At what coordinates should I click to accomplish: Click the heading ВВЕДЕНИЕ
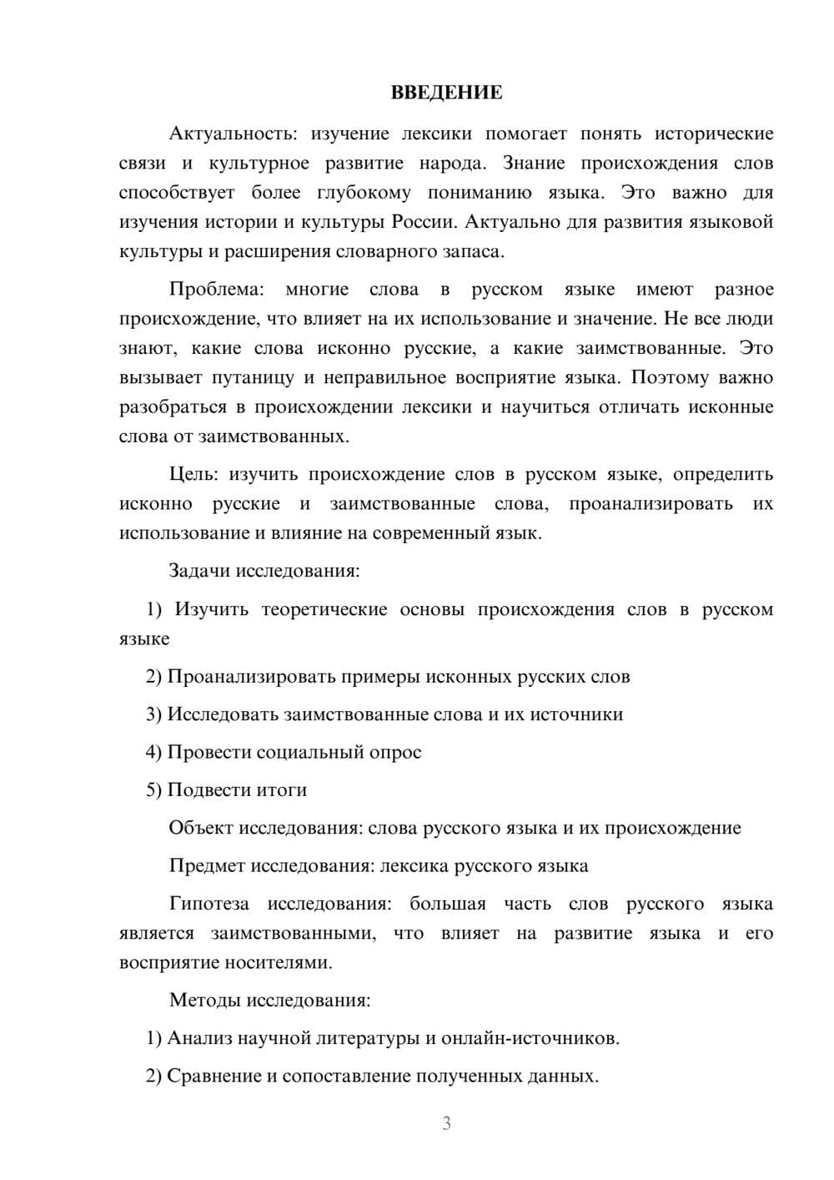pyautogui.click(x=446, y=93)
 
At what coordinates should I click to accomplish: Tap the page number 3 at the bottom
pyautogui.click(x=446, y=1123)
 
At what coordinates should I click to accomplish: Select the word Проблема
pyautogui.click(x=216, y=290)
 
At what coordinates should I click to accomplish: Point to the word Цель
pyautogui.click(x=193, y=474)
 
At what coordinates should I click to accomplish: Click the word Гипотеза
pyautogui.click(x=208, y=904)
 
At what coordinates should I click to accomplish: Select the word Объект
pyautogui.click(x=201, y=828)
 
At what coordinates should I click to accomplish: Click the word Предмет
pyautogui.click(x=207, y=865)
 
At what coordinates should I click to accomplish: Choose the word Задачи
pyautogui.click(x=199, y=572)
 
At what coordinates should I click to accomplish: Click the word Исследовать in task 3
pyautogui.click(x=223, y=714)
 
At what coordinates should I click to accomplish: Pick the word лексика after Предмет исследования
pyautogui.click(x=414, y=865)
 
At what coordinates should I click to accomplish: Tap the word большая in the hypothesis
pyautogui.click(x=447, y=904)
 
